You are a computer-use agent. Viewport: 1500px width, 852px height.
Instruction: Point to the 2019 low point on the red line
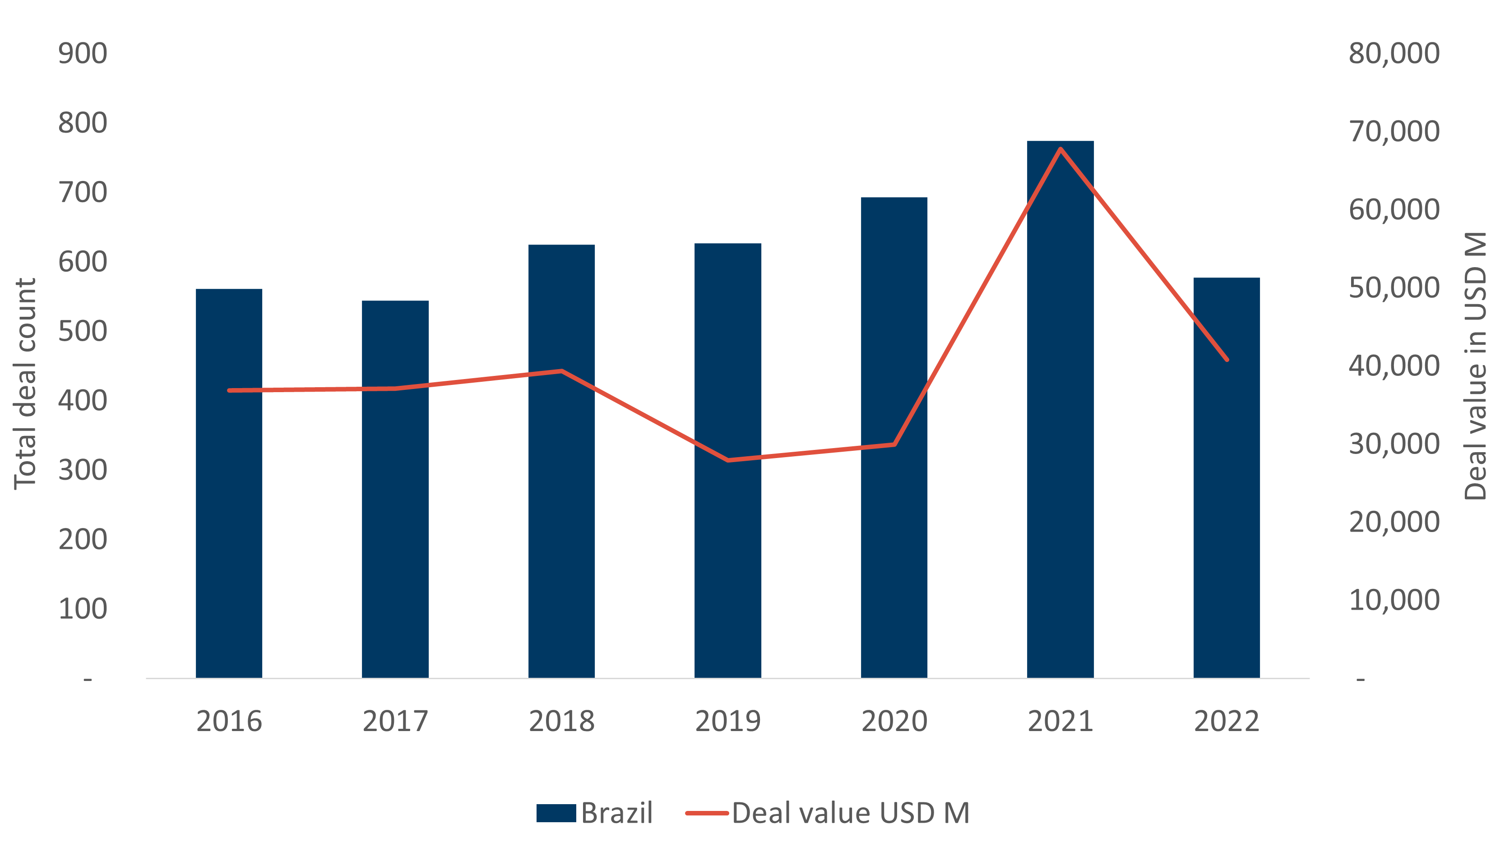pos(728,460)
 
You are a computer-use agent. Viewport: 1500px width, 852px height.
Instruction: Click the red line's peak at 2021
pos(1060,148)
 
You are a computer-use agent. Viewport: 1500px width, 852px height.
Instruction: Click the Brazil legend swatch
pos(556,813)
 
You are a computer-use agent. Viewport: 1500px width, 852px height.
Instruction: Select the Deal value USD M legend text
pos(851,813)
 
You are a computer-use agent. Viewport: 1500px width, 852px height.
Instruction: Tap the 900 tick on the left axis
pos(83,53)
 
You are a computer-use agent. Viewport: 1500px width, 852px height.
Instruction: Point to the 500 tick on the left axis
pos(83,331)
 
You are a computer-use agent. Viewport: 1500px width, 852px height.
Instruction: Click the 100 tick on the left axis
pos(83,609)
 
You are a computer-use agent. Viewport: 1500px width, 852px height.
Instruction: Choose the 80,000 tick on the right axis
pos(1394,53)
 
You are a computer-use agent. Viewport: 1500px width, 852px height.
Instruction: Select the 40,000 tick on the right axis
pos(1394,366)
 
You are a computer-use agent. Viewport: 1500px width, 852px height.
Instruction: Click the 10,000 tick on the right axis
pos(1394,600)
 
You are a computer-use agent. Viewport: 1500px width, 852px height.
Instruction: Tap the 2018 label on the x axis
pos(562,721)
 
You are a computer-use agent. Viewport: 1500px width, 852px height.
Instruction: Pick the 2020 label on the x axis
pos(894,721)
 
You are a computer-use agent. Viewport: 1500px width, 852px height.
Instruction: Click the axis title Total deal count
pos(25,383)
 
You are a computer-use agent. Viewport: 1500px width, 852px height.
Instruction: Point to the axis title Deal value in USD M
pos(1475,366)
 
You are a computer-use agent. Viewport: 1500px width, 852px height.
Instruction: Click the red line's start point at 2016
pos(229,390)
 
